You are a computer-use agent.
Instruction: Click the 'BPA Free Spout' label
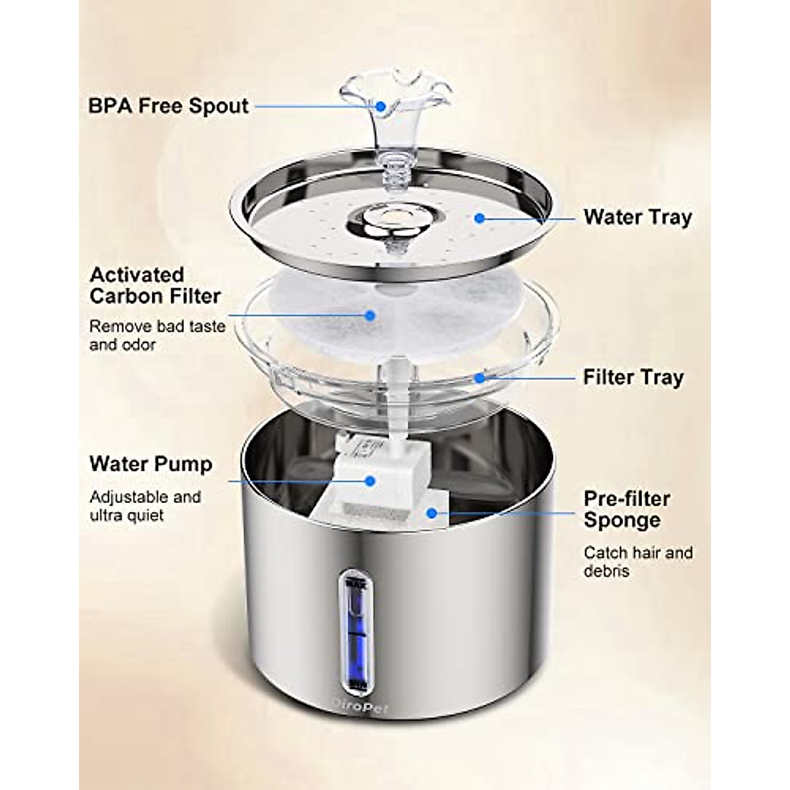click(169, 106)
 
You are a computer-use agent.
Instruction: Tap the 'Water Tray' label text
click(637, 217)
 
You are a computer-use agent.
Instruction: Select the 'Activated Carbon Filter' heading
click(155, 285)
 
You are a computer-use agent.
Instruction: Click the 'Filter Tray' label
click(633, 378)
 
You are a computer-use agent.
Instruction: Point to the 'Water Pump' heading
click(151, 463)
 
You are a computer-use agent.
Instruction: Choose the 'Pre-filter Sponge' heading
click(627, 509)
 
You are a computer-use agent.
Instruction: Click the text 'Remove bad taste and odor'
click(157, 335)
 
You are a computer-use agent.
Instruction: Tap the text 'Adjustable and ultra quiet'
click(145, 506)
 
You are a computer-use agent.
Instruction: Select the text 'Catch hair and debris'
click(638, 562)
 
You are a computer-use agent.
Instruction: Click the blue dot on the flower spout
click(380, 105)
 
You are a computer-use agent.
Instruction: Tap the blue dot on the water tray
click(481, 217)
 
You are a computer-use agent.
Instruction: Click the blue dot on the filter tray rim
click(481, 378)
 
